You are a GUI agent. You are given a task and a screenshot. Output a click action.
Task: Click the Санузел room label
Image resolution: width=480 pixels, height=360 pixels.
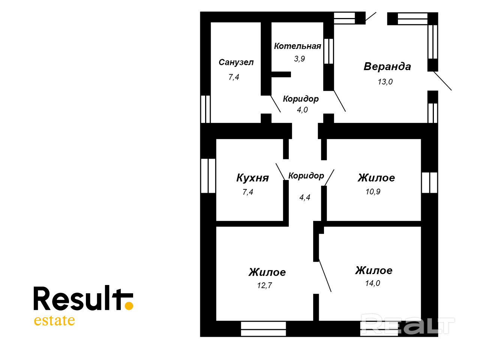tap(236, 62)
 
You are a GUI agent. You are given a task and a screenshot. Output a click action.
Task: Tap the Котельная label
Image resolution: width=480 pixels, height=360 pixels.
tap(297, 46)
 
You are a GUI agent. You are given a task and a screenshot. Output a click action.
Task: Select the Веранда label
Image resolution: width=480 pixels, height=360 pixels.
tap(387, 67)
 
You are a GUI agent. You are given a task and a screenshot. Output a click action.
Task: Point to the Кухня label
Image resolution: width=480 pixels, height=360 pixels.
tap(252, 178)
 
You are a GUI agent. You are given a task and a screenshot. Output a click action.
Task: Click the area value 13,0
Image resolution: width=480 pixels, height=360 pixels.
tap(385, 82)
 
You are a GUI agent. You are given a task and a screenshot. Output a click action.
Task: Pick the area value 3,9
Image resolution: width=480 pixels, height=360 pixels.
tap(299, 58)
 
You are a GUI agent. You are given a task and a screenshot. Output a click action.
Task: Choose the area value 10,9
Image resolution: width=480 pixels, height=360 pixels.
tap(373, 192)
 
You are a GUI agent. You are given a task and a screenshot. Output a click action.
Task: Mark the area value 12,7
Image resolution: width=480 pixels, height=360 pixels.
tap(264, 285)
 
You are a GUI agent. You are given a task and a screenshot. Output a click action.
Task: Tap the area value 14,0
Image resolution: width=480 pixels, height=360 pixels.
tap(372, 283)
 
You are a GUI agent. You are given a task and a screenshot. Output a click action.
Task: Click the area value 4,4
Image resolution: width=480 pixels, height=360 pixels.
tap(304, 197)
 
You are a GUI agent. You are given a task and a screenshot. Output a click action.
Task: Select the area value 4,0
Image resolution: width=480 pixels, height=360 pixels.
tap(302, 109)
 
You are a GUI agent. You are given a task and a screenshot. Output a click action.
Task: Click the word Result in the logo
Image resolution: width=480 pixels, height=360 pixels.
tap(77, 299)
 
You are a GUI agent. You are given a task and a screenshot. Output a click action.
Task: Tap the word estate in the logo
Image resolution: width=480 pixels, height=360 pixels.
tap(54, 321)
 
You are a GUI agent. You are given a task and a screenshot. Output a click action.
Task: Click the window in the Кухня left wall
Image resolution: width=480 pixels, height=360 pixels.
tap(208, 175)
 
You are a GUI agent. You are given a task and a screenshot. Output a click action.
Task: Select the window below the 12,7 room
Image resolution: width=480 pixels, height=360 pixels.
tap(263, 328)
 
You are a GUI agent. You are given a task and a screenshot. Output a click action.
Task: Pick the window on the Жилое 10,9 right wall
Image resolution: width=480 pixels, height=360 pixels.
tap(429, 183)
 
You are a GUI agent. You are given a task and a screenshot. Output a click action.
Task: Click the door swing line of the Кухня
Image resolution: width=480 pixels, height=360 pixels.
tap(280, 172)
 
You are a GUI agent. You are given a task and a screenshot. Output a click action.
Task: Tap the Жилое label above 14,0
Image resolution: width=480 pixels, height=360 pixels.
tap(373, 270)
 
